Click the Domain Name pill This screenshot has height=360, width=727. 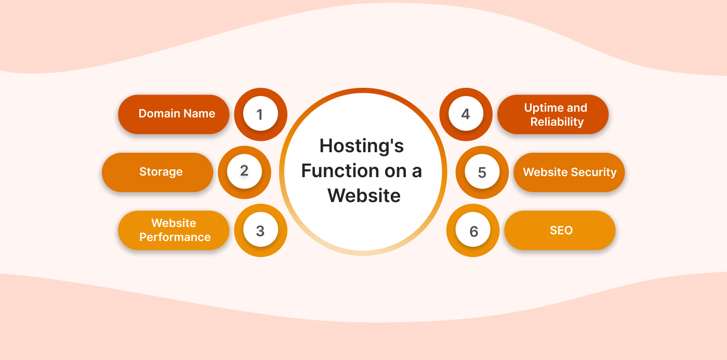[174, 114]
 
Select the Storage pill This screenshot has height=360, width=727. [157, 172]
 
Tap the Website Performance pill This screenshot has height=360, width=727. [174, 230]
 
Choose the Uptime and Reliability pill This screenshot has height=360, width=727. [553, 114]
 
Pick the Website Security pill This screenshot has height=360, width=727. [569, 172]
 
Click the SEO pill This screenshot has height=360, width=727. [560, 230]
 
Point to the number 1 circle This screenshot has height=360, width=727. [260, 114]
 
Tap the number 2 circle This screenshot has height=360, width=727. [244, 171]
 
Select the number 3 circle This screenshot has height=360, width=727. [260, 231]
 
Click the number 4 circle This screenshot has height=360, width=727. [466, 114]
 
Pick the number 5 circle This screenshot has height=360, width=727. [482, 172]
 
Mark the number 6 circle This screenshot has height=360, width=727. [473, 231]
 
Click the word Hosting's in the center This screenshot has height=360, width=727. [362, 146]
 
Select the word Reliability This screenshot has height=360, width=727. [557, 122]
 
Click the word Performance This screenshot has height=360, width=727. [175, 237]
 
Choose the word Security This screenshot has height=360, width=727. [593, 172]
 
